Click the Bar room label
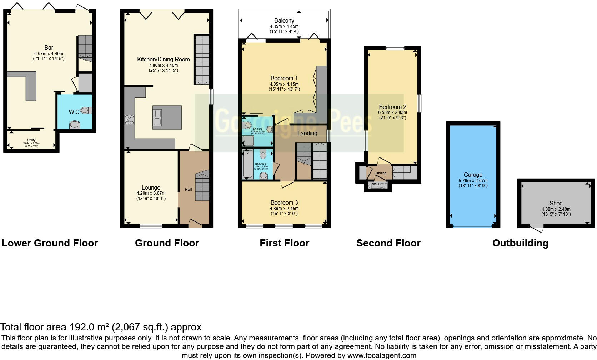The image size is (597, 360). click(49, 47)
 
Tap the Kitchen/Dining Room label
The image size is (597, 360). click(163, 59)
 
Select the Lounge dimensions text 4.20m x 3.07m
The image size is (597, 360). click(151, 193)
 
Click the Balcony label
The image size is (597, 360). click(284, 21)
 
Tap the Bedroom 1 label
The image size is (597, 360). click(284, 78)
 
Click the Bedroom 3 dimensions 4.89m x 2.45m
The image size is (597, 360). click(284, 209)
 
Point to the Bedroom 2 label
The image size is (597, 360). click(392, 107)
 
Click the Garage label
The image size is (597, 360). click(473, 175)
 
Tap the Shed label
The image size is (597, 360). click(556, 203)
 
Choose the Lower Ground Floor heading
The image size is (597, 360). click(50, 243)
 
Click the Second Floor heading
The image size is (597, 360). click(388, 243)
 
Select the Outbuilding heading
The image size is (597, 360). click(520, 243)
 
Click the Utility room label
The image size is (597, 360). click(31, 140)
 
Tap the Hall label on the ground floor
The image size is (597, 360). click(188, 189)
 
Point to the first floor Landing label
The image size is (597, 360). click(307, 133)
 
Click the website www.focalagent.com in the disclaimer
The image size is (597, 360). click(381, 355)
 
